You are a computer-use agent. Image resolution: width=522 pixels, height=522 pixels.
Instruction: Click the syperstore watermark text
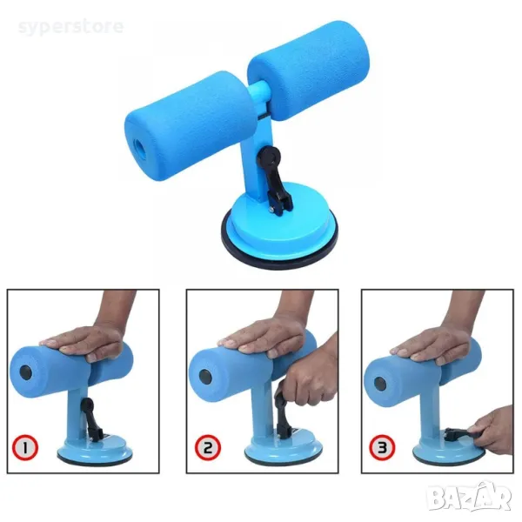[x=70, y=27]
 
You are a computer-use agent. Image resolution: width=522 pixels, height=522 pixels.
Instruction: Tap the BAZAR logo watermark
[x=470, y=498]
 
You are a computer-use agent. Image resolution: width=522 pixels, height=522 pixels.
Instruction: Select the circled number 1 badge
[x=25, y=448]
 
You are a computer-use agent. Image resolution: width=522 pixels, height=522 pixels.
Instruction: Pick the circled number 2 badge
[x=208, y=448]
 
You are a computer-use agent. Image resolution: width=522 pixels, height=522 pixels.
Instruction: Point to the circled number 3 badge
[x=382, y=448]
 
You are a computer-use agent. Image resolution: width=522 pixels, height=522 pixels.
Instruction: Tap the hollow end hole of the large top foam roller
[x=139, y=147]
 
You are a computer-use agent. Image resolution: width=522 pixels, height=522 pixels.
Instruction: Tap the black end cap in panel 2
[x=205, y=377]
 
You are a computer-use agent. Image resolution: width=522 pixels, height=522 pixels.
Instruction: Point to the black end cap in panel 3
[x=380, y=385]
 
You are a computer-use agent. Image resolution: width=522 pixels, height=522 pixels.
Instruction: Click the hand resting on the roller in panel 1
[x=84, y=343]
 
